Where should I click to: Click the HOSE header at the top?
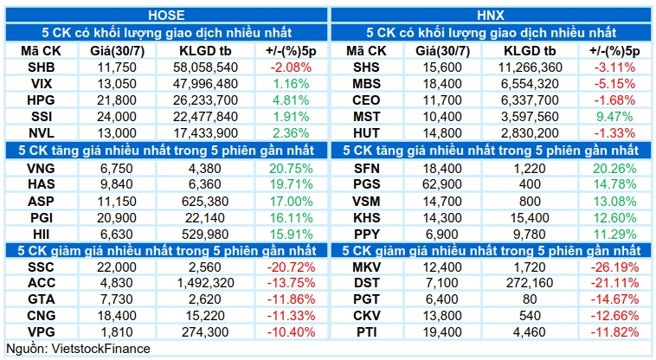pos(166,16)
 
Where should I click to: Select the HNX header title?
pos(491,16)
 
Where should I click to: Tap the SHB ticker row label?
pos(41,67)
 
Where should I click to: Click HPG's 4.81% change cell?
pos(291,100)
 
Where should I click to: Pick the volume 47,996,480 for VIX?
pos(205,84)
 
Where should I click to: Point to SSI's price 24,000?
pos(117,117)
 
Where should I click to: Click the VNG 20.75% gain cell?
pos(291,169)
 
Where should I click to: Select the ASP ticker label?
pos(41,202)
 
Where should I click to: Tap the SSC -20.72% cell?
pos(291,267)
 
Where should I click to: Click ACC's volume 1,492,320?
pos(205,283)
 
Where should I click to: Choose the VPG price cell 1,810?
pos(117,332)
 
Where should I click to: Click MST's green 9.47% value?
pos(614,117)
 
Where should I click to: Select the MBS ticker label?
pos(366,84)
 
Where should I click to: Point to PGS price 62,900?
pos(442,184)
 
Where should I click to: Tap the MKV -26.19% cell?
pos(614,267)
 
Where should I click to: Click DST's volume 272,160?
pos(530,283)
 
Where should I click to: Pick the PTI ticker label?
pos(366,332)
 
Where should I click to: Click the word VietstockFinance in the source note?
pos(100,349)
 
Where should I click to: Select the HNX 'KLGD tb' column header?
pos(530,51)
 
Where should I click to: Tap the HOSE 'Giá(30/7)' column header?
pos(117,51)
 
